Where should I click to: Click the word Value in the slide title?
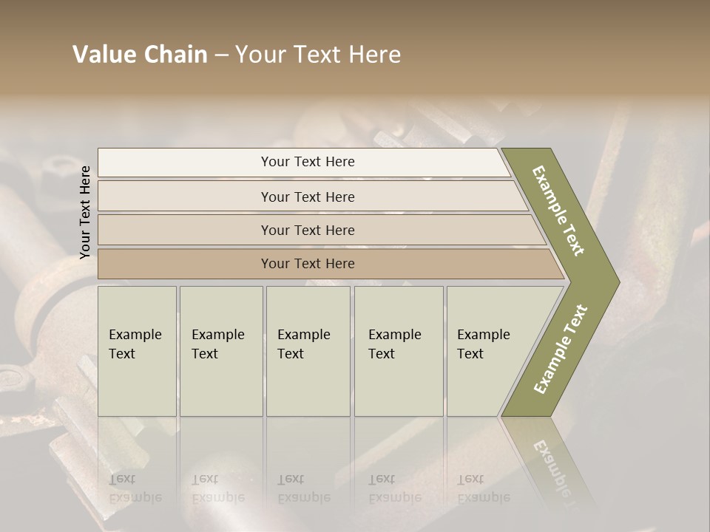tap(102, 55)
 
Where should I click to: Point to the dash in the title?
tap(221, 55)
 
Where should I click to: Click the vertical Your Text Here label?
tap(85, 212)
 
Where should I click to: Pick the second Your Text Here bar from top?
tap(308, 197)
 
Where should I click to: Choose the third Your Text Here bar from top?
tap(308, 230)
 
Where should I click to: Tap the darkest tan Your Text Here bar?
tap(308, 264)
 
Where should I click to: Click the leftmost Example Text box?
tap(137, 351)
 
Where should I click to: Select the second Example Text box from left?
tap(221, 351)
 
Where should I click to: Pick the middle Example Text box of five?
tap(308, 351)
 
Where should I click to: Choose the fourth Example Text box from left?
tap(399, 351)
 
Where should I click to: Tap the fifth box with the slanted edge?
tap(488, 351)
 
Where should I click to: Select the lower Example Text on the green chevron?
tap(560, 349)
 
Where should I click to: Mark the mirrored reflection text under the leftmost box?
tap(135, 488)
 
